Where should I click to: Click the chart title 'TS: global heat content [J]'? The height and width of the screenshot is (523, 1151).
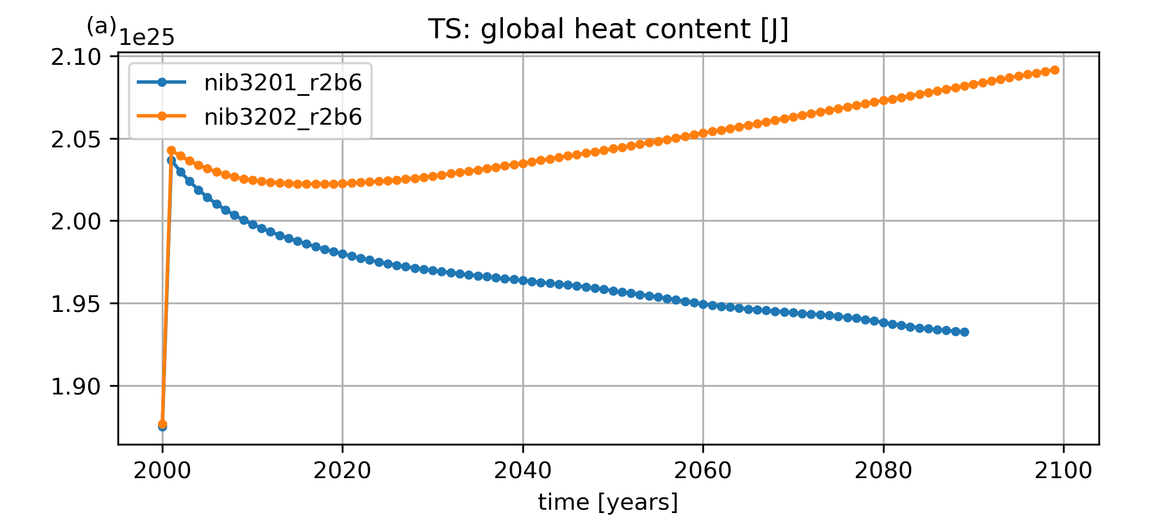point(608,29)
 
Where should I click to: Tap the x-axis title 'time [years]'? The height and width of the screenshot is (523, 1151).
point(608,502)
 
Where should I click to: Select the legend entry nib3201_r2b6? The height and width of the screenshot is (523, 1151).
point(282,83)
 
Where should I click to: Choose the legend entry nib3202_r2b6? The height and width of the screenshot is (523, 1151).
point(282,117)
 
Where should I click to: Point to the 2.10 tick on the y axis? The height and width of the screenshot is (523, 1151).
point(76,58)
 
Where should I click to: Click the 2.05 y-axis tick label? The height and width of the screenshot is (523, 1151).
point(76,140)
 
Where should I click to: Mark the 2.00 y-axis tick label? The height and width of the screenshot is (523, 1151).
point(76,222)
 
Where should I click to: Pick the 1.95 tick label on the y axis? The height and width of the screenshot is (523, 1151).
point(76,304)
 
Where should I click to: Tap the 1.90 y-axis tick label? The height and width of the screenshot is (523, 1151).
point(76,387)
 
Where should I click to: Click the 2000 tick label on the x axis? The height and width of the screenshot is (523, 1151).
point(162,471)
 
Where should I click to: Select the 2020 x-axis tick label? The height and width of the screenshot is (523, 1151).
point(342,471)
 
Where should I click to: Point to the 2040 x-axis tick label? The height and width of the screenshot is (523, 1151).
point(523,471)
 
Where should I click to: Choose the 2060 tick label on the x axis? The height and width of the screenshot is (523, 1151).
point(703,471)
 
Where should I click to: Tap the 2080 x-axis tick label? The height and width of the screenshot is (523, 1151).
point(883,471)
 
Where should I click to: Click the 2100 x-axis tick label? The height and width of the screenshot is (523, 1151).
point(1063,471)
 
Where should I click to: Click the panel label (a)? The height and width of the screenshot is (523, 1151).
point(101,26)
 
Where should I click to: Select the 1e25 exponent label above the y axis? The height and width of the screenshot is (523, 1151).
point(147,38)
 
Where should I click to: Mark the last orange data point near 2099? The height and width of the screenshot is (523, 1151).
point(1055,70)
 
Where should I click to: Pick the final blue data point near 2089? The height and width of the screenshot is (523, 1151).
point(964,332)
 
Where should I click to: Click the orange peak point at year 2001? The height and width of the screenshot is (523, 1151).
point(171,151)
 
